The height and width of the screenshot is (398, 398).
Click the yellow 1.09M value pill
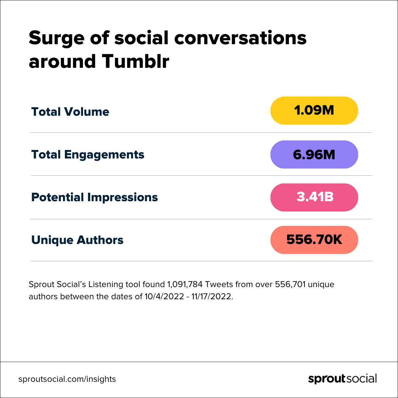point(314,111)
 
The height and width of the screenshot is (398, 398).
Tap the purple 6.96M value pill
point(314,154)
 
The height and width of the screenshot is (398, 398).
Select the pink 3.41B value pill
point(314,197)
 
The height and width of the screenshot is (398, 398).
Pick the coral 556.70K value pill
point(314,240)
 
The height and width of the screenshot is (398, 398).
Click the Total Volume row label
point(70,112)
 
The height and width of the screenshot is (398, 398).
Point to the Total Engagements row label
point(88,154)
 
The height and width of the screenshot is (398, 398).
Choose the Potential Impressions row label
point(94,197)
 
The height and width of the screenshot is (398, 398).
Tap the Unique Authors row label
point(77,240)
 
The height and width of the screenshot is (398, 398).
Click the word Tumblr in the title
point(135,62)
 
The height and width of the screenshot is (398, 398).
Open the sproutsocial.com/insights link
point(67,379)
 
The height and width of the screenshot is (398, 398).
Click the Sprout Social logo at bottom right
point(342,379)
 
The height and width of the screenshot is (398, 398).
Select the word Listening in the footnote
point(105,285)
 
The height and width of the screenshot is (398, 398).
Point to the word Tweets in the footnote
point(215,285)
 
